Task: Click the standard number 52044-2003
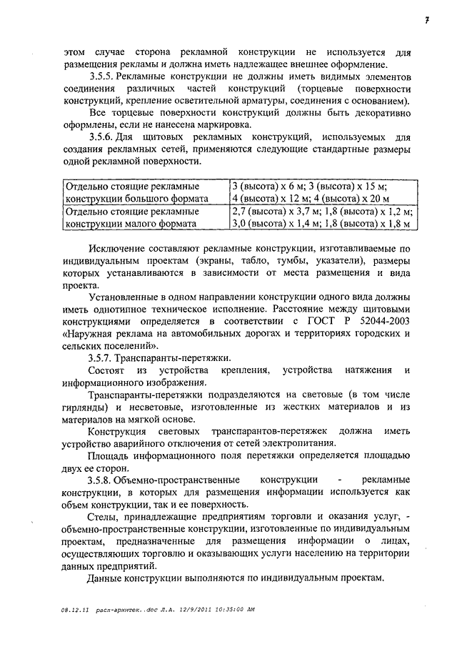coord(383,320)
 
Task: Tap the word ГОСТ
coord(319,320)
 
